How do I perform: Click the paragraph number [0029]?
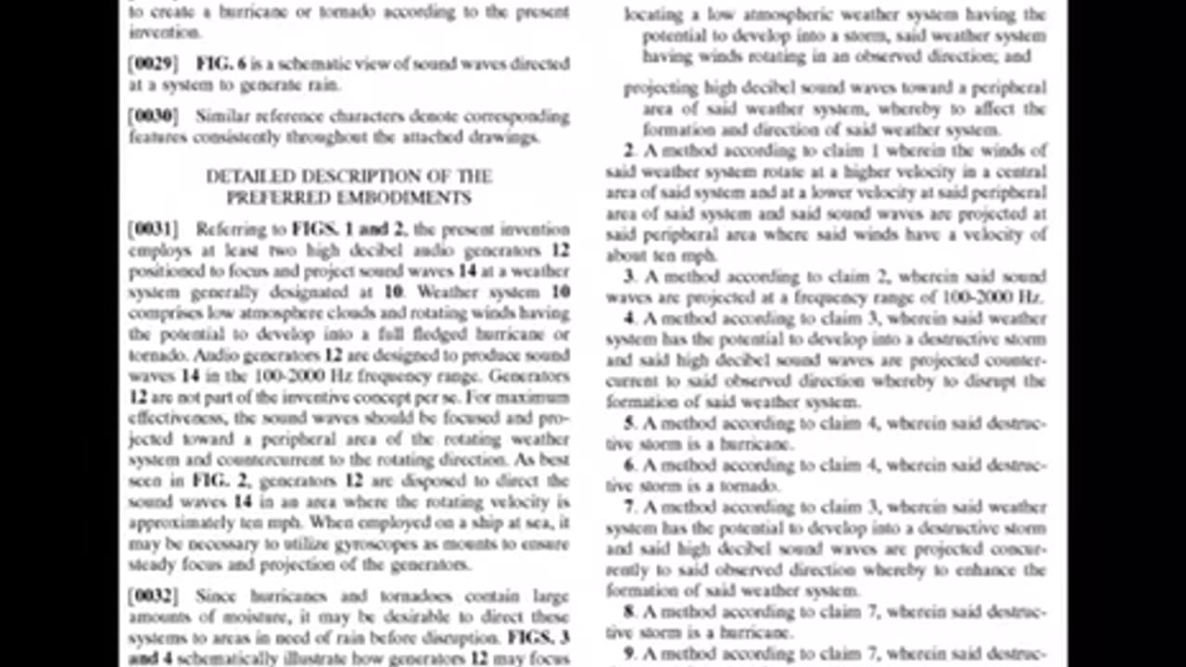click(154, 64)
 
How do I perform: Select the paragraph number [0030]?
click(154, 117)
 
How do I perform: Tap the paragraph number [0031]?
click(154, 229)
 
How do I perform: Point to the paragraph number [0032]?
click(154, 597)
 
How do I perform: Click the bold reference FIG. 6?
click(221, 64)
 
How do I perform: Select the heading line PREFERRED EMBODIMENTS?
click(348, 197)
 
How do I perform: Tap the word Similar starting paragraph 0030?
click(223, 117)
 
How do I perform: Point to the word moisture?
click(288, 617)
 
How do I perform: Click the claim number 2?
click(629, 151)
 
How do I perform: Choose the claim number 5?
click(629, 423)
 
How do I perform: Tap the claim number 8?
click(629, 611)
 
